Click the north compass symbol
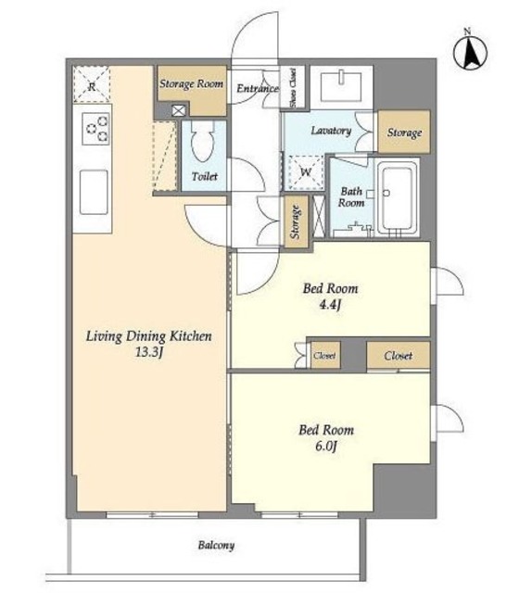point(470,52)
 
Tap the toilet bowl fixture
point(203,142)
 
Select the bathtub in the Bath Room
point(397,198)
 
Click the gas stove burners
point(97,129)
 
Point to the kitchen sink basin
point(94,192)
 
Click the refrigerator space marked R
point(92,84)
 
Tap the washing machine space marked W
point(305,172)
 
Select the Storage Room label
point(191,83)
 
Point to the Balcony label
point(216,545)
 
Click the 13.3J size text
point(149,352)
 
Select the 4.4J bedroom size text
point(330,305)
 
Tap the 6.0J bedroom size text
point(326,447)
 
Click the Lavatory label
point(331,131)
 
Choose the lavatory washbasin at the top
point(341,86)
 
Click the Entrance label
point(258,89)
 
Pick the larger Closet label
point(398,356)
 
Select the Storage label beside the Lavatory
point(404,132)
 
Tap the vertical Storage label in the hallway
point(296,221)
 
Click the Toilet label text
point(204,177)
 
